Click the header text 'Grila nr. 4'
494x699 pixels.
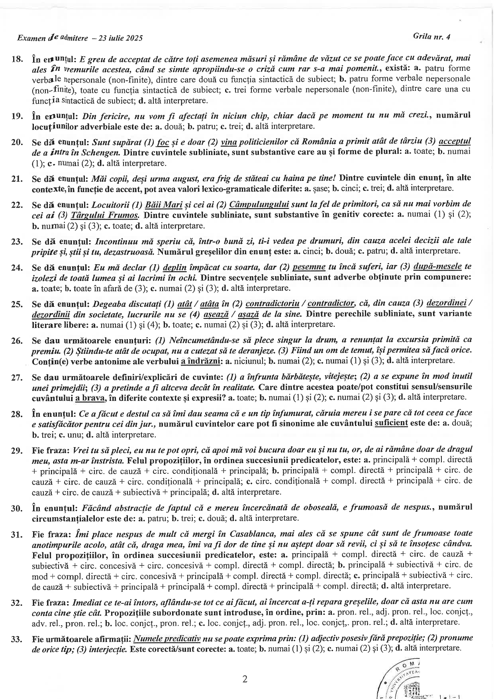point(432,37)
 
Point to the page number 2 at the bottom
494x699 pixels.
point(245,679)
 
